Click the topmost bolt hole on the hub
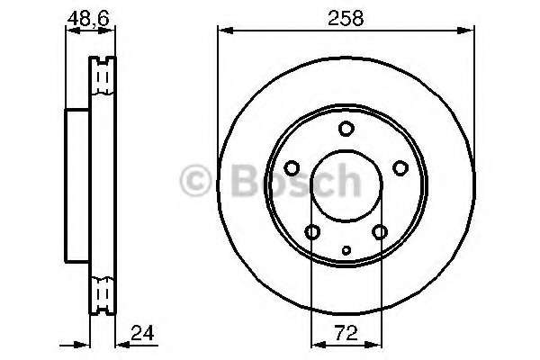pyautogui.click(x=346, y=129)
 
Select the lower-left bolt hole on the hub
pyautogui.click(x=312, y=233)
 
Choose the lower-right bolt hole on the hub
pyautogui.click(x=380, y=233)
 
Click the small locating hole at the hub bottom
pyautogui.click(x=346, y=249)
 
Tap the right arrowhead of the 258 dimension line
pyautogui.click(x=471, y=32)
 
